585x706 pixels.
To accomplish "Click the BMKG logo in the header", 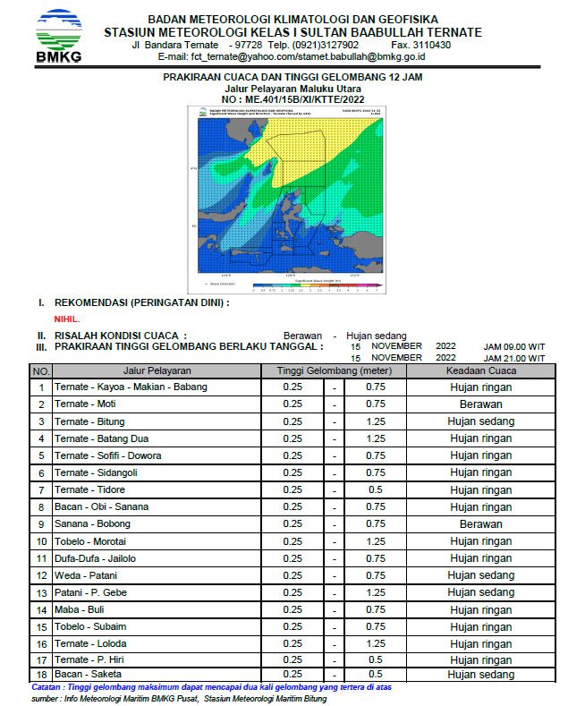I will coord(58,37).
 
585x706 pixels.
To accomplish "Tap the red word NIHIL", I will coord(67,318).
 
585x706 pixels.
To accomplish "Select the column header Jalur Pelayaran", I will coord(157,370).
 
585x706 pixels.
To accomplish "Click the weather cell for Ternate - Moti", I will coord(480,404).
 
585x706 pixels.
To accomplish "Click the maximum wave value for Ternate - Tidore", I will coord(376,489).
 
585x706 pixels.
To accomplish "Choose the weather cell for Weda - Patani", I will coord(480,575).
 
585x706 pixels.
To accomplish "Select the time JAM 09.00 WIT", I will coord(513,346).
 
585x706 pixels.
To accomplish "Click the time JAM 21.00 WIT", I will coord(513,357).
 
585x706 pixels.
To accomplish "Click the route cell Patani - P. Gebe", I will coord(91,592).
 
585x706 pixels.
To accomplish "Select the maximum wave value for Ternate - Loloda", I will coord(376,643).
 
